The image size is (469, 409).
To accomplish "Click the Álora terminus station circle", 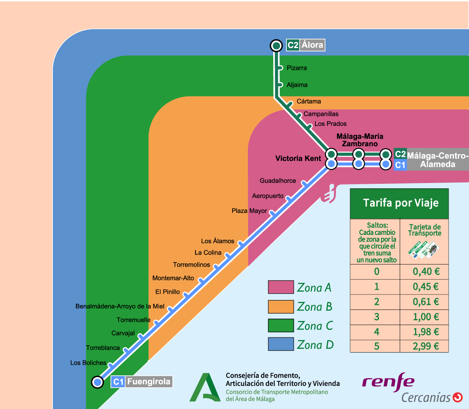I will tap(276, 46).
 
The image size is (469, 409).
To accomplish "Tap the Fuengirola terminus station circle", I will tap(97, 382).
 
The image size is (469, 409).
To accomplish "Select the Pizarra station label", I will tap(297, 68).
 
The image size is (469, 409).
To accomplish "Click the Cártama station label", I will tap(309, 101).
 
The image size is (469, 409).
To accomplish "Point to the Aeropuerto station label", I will tap(268, 196).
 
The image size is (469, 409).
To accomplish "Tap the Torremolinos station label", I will tap(192, 265).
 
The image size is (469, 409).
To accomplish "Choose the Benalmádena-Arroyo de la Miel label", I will tap(120, 307).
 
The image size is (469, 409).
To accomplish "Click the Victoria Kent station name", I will tap(298, 158).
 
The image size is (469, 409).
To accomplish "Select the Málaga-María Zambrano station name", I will tap(360, 140).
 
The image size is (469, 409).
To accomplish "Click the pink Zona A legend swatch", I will tap(281, 287).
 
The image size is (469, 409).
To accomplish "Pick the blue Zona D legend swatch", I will tap(281, 344).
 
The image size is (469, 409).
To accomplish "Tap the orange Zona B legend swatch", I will tap(281, 307).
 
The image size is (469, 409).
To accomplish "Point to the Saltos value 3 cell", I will tap(376, 317).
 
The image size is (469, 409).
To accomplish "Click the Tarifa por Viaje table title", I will tap(401, 203).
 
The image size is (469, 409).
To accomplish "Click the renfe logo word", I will tap(388, 382).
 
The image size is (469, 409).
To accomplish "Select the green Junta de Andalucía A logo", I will tap(205, 388).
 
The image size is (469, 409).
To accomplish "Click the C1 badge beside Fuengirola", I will tap(118, 382).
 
